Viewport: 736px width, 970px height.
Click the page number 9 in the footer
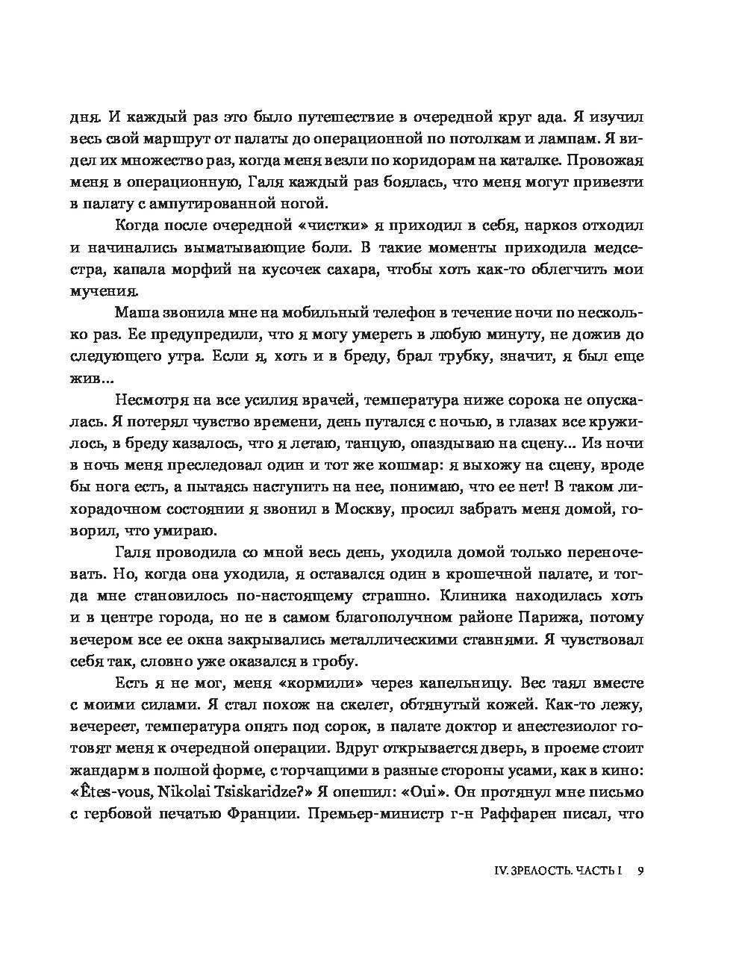coord(640,871)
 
